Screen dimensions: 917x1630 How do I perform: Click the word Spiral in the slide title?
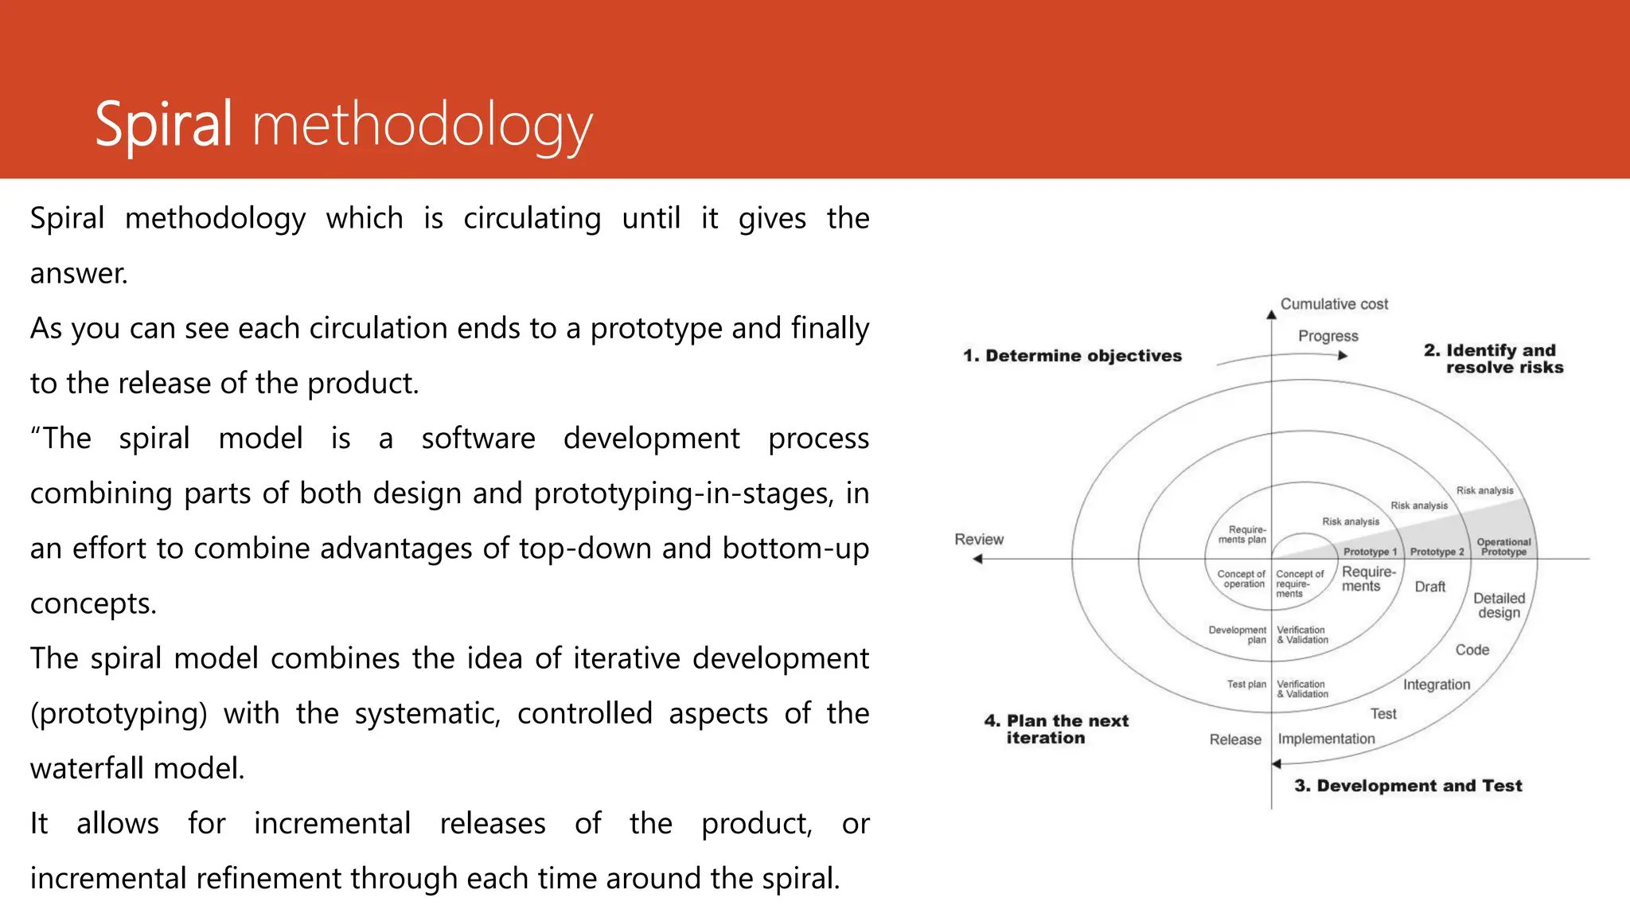tap(163, 125)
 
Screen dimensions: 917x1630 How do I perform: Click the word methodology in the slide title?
tap(423, 127)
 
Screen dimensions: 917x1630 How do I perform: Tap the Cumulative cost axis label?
tap(1334, 304)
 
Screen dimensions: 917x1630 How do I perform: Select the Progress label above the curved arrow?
tap(1328, 336)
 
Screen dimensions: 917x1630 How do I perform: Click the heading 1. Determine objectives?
tap(1072, 356)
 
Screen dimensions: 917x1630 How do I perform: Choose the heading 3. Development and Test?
tap(1408, 786)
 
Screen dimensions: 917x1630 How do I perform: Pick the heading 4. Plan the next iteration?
tap(1055, 729)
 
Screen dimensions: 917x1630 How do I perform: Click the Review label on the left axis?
tap(979, 540)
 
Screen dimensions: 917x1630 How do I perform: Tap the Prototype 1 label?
tap(1370, 552)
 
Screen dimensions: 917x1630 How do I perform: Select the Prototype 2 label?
tap(1437, 552)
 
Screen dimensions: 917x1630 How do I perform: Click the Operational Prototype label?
tap(1503, 547)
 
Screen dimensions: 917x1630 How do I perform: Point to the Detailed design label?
tap(1499, 605)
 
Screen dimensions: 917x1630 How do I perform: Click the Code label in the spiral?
tap(1472, 650)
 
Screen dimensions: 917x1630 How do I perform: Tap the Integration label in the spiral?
tap(1437, 685)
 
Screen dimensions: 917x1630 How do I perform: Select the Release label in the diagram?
tap(1235, 739)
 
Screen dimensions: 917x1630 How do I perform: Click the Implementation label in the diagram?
tap(1326, 739)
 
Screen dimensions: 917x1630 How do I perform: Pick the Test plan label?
tap(1246, 685)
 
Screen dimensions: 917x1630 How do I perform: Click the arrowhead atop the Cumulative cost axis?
tap(1271, 314)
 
